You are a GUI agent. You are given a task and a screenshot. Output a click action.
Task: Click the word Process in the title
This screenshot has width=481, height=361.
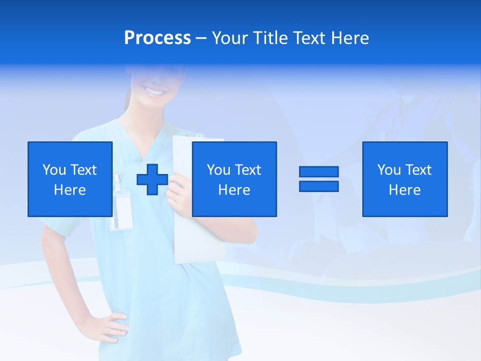pyautogui.click(x=157, y=38)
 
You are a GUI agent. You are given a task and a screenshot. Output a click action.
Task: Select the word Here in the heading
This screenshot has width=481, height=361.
pyautogui.click(x=350, y=38)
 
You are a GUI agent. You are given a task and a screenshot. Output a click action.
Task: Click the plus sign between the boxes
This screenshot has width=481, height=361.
pyautogui.click(x=152, y=179)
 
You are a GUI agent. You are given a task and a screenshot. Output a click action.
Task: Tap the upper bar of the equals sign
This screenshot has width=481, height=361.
pyautogui.click(x=319, y=172)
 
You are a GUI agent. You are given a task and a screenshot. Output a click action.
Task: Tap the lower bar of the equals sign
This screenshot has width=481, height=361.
pyautogui.click(x=319, y=186)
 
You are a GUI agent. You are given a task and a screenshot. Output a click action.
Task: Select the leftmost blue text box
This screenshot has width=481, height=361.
pyautogui.click(x=70, y=179)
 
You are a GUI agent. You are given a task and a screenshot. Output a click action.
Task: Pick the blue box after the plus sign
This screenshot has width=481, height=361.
pyautogui.click(x=234, y=179)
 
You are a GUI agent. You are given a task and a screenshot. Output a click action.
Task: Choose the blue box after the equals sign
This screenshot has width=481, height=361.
pyautogui.click(x=405, y=179)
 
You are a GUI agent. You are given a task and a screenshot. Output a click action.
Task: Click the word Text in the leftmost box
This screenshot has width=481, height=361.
pyautogui.click(x=83, y=170)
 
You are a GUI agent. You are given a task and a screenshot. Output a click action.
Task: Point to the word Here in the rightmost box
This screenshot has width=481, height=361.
pyautogui.click(x=405, y=190)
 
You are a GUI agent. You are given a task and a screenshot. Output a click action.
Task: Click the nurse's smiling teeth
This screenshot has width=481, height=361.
pyautogui.click(x=154, y=92)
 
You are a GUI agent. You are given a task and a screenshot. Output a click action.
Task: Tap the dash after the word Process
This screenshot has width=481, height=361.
pyautogui.click(x=201, y=38)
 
